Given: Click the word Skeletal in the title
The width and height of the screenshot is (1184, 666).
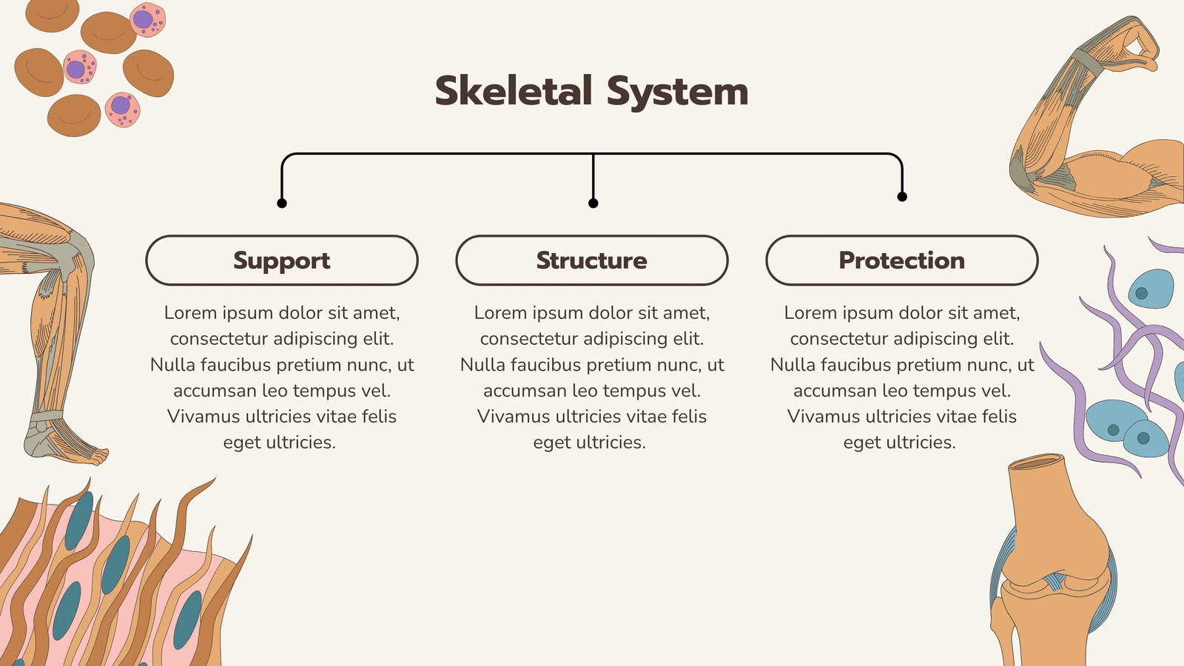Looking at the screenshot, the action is pos(514,91).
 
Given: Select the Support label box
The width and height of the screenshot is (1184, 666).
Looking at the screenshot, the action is pos(282,260).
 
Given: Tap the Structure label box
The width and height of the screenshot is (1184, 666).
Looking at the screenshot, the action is pos(592,260).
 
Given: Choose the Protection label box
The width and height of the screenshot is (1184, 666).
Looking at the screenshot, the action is pos(902,260).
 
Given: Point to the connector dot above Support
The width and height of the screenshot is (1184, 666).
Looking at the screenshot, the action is pos(282,203).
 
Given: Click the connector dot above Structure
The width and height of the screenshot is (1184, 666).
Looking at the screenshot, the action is pos(593,203).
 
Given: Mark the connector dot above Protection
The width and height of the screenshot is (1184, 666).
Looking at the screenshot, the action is pos(902,197).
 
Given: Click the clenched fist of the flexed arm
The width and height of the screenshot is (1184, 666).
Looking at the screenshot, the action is pos(1137,45).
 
